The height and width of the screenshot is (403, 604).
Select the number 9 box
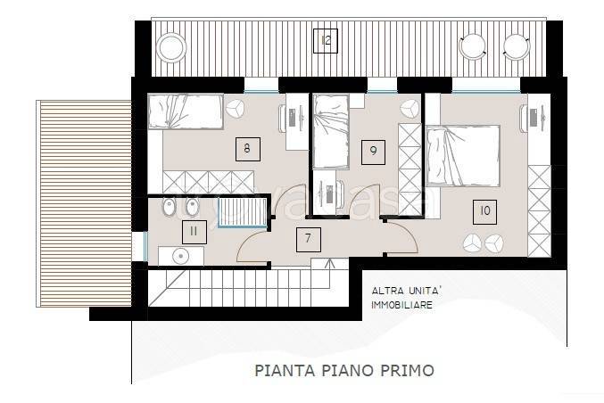368,151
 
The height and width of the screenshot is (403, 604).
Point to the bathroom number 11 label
192,232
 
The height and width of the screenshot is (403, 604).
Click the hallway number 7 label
308,238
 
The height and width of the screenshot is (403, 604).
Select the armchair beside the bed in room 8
236,108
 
